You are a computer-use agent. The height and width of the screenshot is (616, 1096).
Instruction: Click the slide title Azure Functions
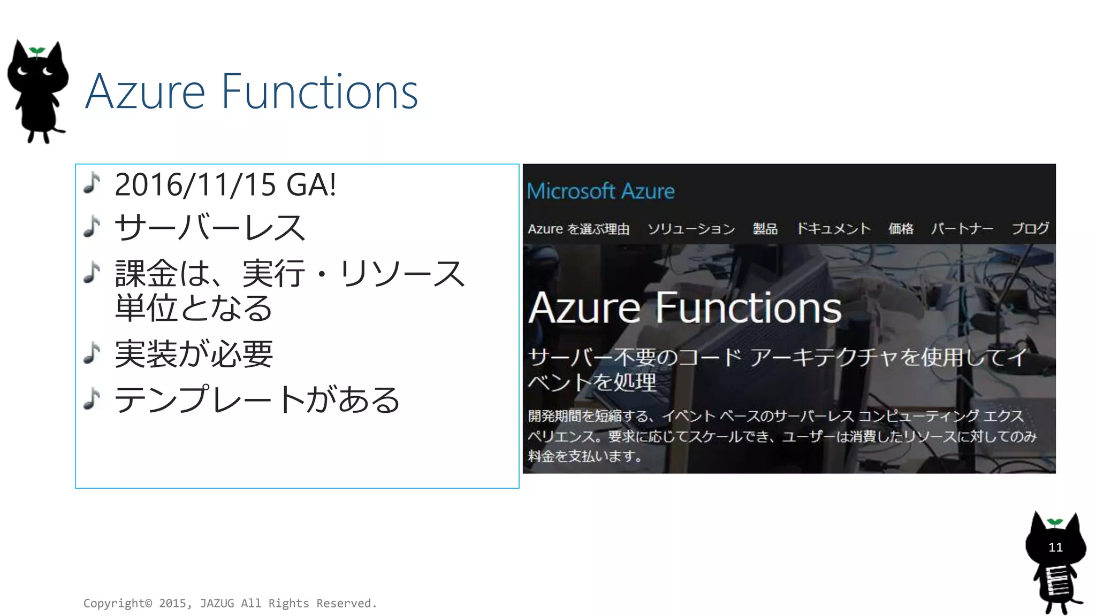point(252,92)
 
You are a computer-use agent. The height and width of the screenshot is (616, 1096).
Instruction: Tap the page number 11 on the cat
point(1055,547)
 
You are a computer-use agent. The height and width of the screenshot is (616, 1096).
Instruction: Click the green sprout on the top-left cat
point(36,51)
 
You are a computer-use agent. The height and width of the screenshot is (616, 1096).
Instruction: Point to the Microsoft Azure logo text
point(600,191)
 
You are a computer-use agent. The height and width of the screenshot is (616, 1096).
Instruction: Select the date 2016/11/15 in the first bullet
point(195,185)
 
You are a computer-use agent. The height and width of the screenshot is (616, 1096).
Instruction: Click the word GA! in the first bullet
point(311,185)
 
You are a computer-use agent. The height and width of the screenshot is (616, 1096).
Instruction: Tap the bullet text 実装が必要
point(194,354)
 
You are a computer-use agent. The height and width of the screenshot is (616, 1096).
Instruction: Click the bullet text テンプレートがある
point(257,400)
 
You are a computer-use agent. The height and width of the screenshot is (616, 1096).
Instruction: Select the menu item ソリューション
point(691,229)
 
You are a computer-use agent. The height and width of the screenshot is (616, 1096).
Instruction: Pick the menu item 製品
point(765,229)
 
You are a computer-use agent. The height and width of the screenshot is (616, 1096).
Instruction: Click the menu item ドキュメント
point(833,229)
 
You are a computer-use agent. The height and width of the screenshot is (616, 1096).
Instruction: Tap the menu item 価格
point(901,229)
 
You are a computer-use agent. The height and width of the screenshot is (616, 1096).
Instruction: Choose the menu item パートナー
point(962,229)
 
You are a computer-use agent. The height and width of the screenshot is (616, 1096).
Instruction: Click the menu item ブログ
point(1030,229)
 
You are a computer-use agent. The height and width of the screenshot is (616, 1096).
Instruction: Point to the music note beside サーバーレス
point(92,226)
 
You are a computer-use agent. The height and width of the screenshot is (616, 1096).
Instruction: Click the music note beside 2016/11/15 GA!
point(92,183)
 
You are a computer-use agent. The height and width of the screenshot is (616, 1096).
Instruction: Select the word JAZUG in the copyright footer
point(217,603)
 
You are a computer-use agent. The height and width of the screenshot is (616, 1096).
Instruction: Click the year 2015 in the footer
point(172,603)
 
